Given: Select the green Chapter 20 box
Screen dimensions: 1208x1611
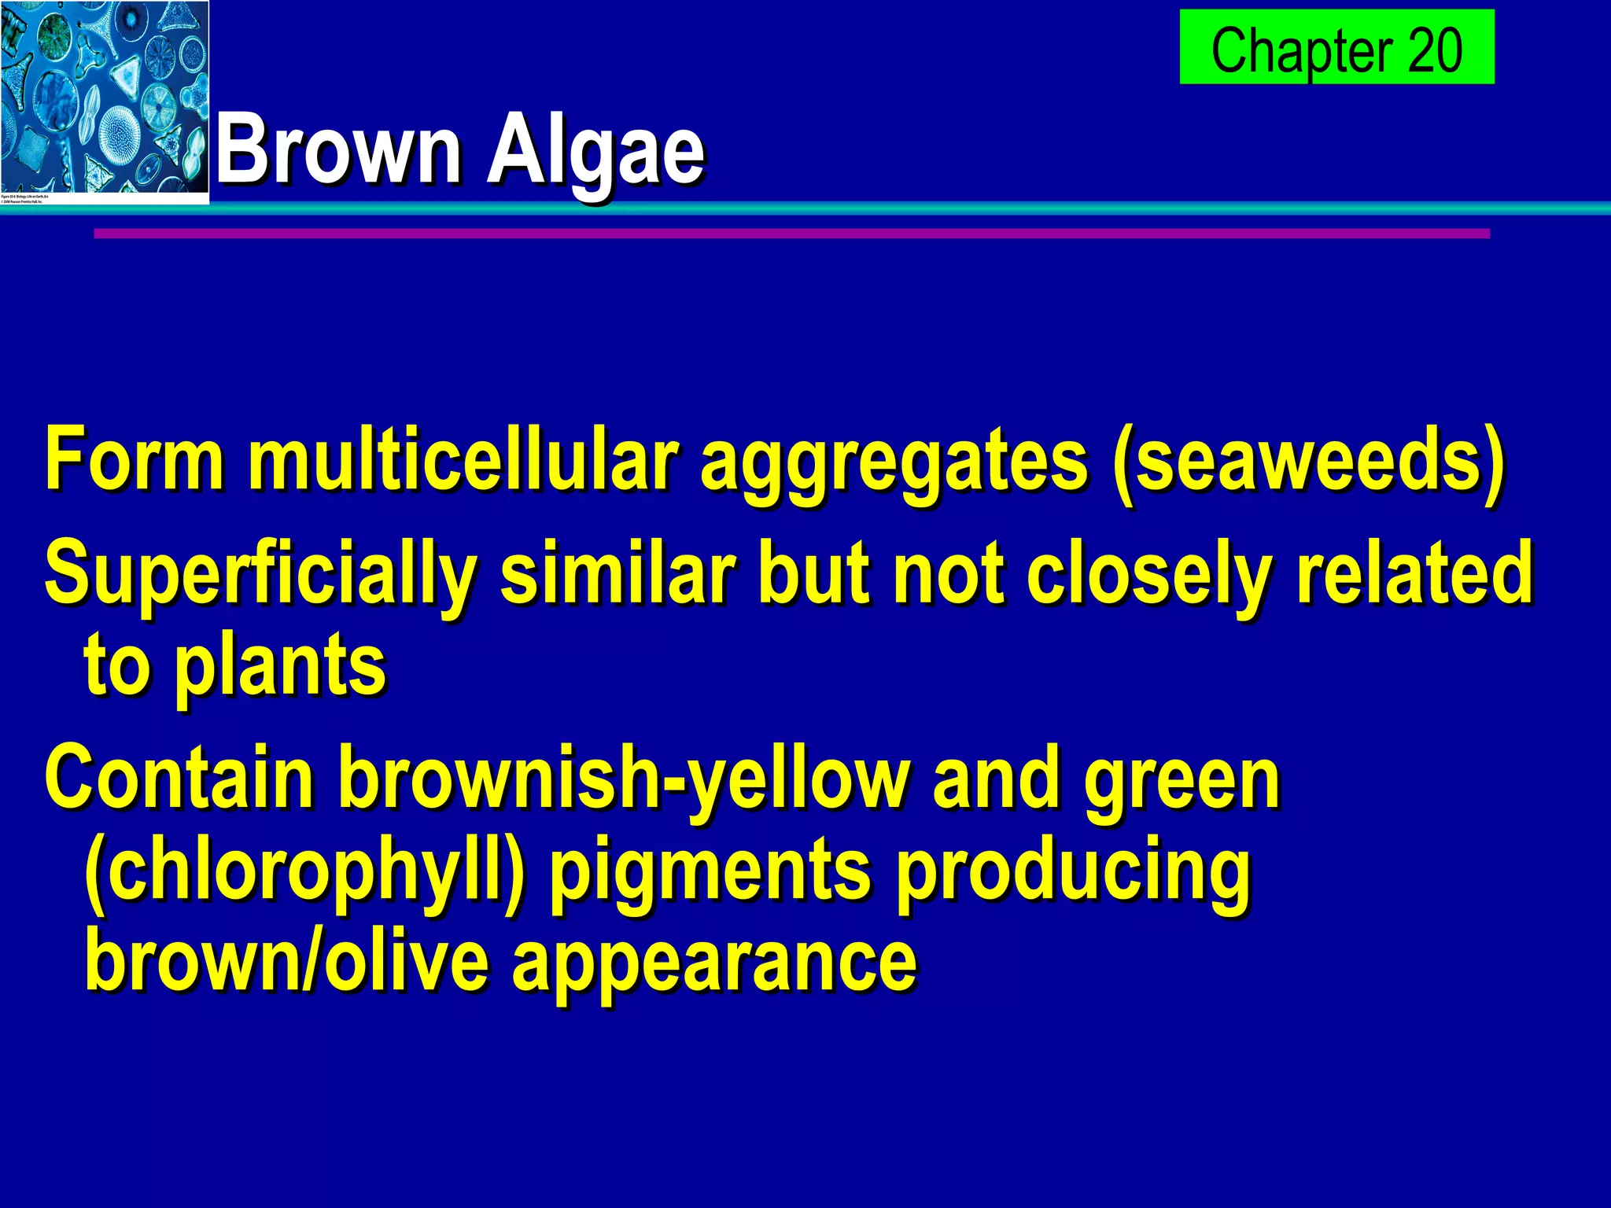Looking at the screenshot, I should point(1336,47).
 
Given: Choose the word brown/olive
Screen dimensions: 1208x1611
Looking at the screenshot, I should point(286,961).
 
